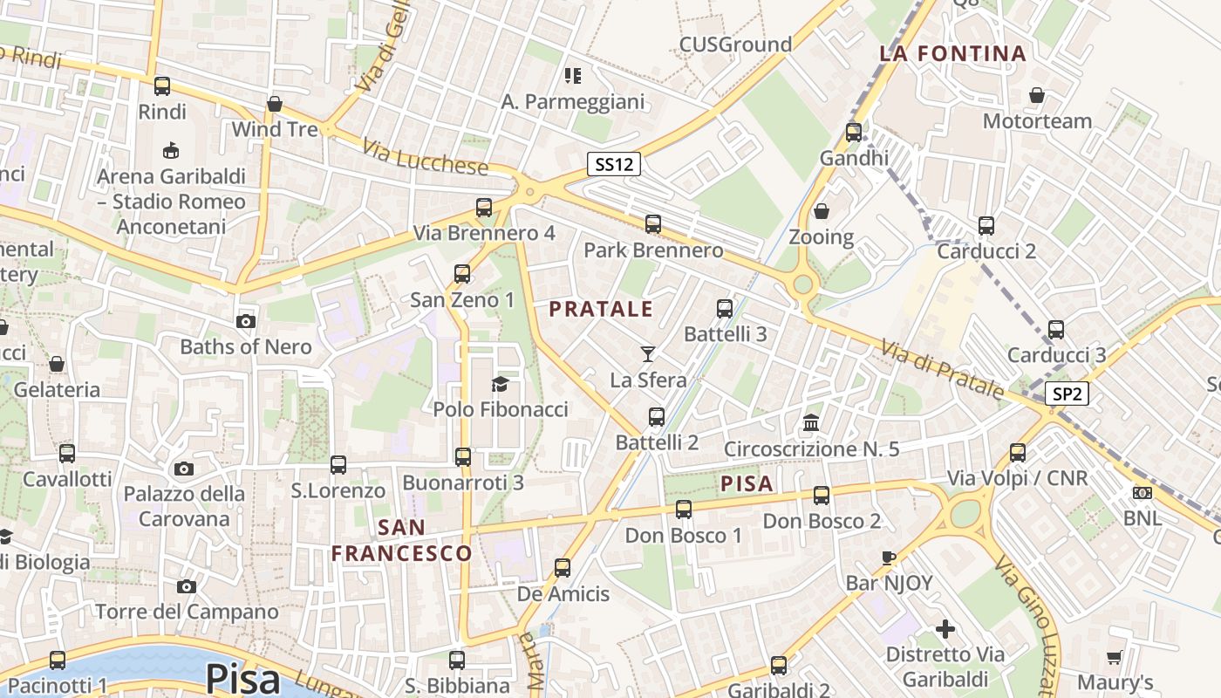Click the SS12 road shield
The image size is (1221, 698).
pos(614,163)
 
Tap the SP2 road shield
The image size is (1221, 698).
pos(1067,393)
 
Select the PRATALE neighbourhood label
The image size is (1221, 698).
pos(602,309)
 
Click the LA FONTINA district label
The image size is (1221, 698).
pos(952,53)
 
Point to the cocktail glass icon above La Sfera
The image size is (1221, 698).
pos(648,353)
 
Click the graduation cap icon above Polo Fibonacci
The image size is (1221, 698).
pos(500,384)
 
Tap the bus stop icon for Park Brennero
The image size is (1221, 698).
pos(653,224)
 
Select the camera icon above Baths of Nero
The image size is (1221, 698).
pos(246,321)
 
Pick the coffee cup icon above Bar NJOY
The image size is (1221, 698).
pos(889,558)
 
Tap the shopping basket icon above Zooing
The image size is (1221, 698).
pos(821,211)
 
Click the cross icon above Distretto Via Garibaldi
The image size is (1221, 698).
pos(945,628)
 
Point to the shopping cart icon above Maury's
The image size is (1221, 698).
pos(1114,657)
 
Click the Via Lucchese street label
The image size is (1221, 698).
pos(425,158)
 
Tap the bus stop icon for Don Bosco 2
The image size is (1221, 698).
pos(822,496)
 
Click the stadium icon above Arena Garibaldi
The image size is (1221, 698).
pos(171,151)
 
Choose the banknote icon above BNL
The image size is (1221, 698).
pos(1142,493)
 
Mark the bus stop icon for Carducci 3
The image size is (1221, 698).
pos(1056,330)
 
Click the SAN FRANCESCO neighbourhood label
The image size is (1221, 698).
pos(402,540)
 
